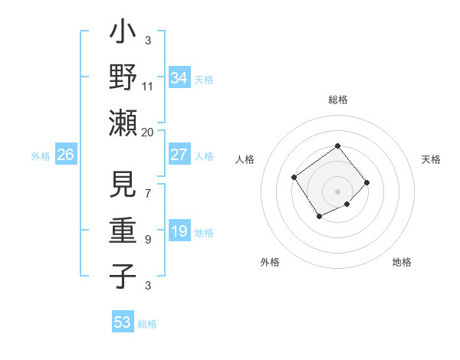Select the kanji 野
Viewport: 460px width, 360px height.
[123, 78]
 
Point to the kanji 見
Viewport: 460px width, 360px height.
[123, 188]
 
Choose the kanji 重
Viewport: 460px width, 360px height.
[123, 231]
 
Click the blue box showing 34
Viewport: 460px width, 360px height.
[179, 78]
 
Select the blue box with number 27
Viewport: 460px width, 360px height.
[179, 155]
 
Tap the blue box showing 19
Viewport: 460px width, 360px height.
[179, 231]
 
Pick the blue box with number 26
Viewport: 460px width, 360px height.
[66, 155]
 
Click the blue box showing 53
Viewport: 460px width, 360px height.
[123, 322]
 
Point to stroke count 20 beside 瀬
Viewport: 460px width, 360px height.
[148, 132]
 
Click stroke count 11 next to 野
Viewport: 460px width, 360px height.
[148, 86]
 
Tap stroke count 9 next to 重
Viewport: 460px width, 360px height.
[147, 239]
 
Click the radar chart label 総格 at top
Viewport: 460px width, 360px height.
[337, 100]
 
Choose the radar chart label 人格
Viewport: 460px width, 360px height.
[245, 159]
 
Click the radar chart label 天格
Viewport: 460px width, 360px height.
[432, 159]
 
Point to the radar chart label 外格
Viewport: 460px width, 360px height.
[270, 262]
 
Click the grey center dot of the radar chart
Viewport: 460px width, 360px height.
[337, 191]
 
